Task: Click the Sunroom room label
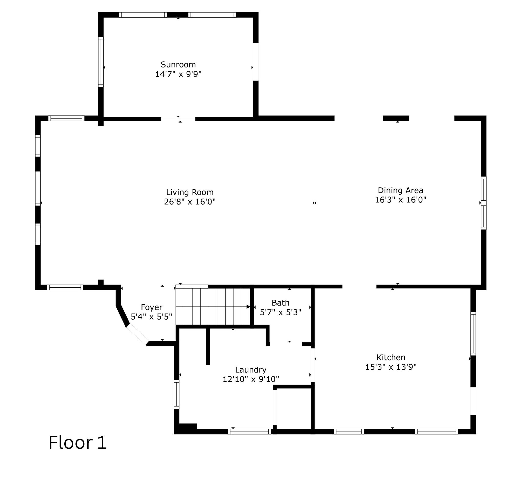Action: click(178, 65)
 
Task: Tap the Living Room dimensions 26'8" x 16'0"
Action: click(190, 202)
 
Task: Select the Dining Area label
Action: click(400, 190)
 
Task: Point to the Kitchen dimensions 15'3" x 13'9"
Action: click(391, 367)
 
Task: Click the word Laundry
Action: click(250, 370)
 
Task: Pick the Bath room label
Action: click(280, 303)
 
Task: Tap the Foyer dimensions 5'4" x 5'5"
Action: click(151, 317)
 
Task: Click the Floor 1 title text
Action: click(78, 443)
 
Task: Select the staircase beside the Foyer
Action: click(212, 307)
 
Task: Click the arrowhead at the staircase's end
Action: click(248, 307)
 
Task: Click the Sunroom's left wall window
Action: click(101, 62)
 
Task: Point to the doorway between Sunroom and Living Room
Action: click(178, 119)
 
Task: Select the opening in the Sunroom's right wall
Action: click(256, 62)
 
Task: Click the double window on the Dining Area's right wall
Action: click(483, 203)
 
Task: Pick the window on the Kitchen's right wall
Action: click(473, 334)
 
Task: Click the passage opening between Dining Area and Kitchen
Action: click(359, 287)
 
